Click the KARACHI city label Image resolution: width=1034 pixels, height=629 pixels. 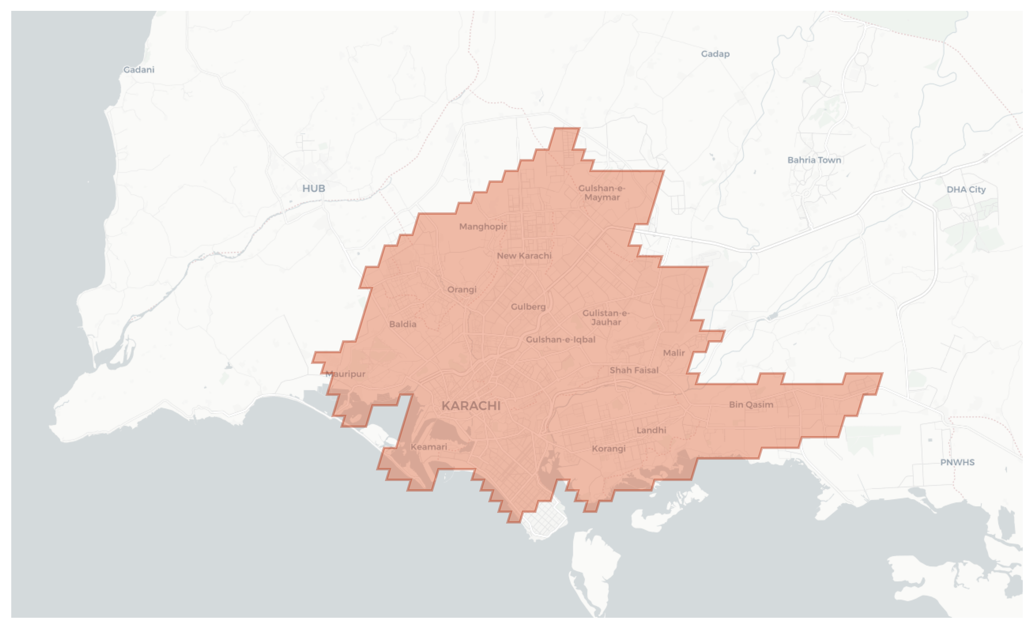click(x=471, y=406)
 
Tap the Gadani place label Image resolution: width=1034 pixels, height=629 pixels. click(x=139, y=70)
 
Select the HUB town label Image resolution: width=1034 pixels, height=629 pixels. click(x=314, y=188)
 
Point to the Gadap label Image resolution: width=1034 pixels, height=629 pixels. click(x=715, y=54)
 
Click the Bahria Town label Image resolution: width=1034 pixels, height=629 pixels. click(x=814, y=160)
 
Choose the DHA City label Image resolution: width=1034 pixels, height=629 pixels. click(x=966, y=189)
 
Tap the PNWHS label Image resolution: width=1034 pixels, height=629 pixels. click(x=957, y=462)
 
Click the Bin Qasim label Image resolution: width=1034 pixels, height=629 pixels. click(x=751, y=405)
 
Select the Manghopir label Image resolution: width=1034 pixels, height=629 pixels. click(x=483, y=227)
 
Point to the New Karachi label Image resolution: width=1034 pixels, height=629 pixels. click(x=524, y=255)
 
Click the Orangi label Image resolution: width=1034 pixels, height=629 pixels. click(x=462, y=290)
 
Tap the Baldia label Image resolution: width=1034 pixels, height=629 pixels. click(x=402, y=324)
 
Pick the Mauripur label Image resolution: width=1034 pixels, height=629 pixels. click(x=345, y=374)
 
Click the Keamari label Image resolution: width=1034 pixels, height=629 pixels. click(x=429, y=447)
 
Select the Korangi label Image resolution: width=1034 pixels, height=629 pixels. click(x=608, y=448)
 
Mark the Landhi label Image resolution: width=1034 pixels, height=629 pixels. click(x=651, y=430)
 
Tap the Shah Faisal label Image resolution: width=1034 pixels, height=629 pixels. click(x=634, y=370)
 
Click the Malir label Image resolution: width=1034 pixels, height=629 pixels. click(x=674, y=353)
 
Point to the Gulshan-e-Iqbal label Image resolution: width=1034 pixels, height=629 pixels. click(x=560, y=339)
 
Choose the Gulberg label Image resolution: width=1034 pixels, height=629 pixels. click(x=528, y=307)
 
